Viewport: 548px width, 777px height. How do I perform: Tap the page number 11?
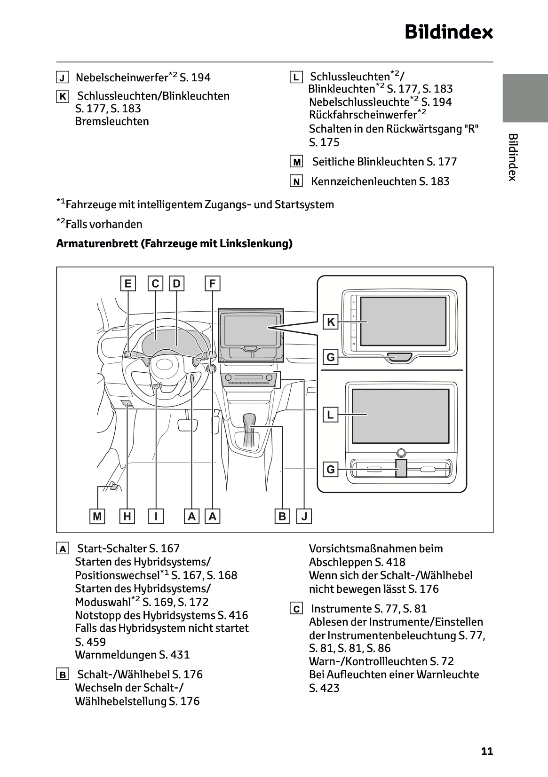pos(487,751)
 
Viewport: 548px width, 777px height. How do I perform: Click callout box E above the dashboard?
pos(127,284)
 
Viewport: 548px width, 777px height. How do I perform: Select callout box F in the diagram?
pos(213,284)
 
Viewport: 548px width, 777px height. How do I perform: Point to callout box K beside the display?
pos(331,322)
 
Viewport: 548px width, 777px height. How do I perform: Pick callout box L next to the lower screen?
pos(331,415)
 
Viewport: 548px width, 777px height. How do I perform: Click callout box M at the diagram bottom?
pos(97,517)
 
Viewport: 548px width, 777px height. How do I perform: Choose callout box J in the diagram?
pos(304,517)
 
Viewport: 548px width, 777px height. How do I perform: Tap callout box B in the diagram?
pos(282,517)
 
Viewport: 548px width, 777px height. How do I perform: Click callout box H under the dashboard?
pos(127,517)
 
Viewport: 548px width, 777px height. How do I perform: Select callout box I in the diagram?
pos(156,517)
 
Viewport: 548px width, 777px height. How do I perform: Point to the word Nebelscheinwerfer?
pos(122,78)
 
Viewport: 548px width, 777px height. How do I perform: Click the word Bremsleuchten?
pos(112,121)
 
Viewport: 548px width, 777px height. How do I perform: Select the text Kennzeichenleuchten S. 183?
pos(380,181)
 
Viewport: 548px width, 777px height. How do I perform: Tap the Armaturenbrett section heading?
pos(174,243)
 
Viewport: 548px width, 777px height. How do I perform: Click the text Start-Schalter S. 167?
pos(128,549)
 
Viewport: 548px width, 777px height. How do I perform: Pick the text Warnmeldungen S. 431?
pos(132,655)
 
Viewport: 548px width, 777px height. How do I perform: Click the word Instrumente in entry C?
pos(342,609)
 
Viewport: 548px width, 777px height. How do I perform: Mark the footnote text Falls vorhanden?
pos(103,224)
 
